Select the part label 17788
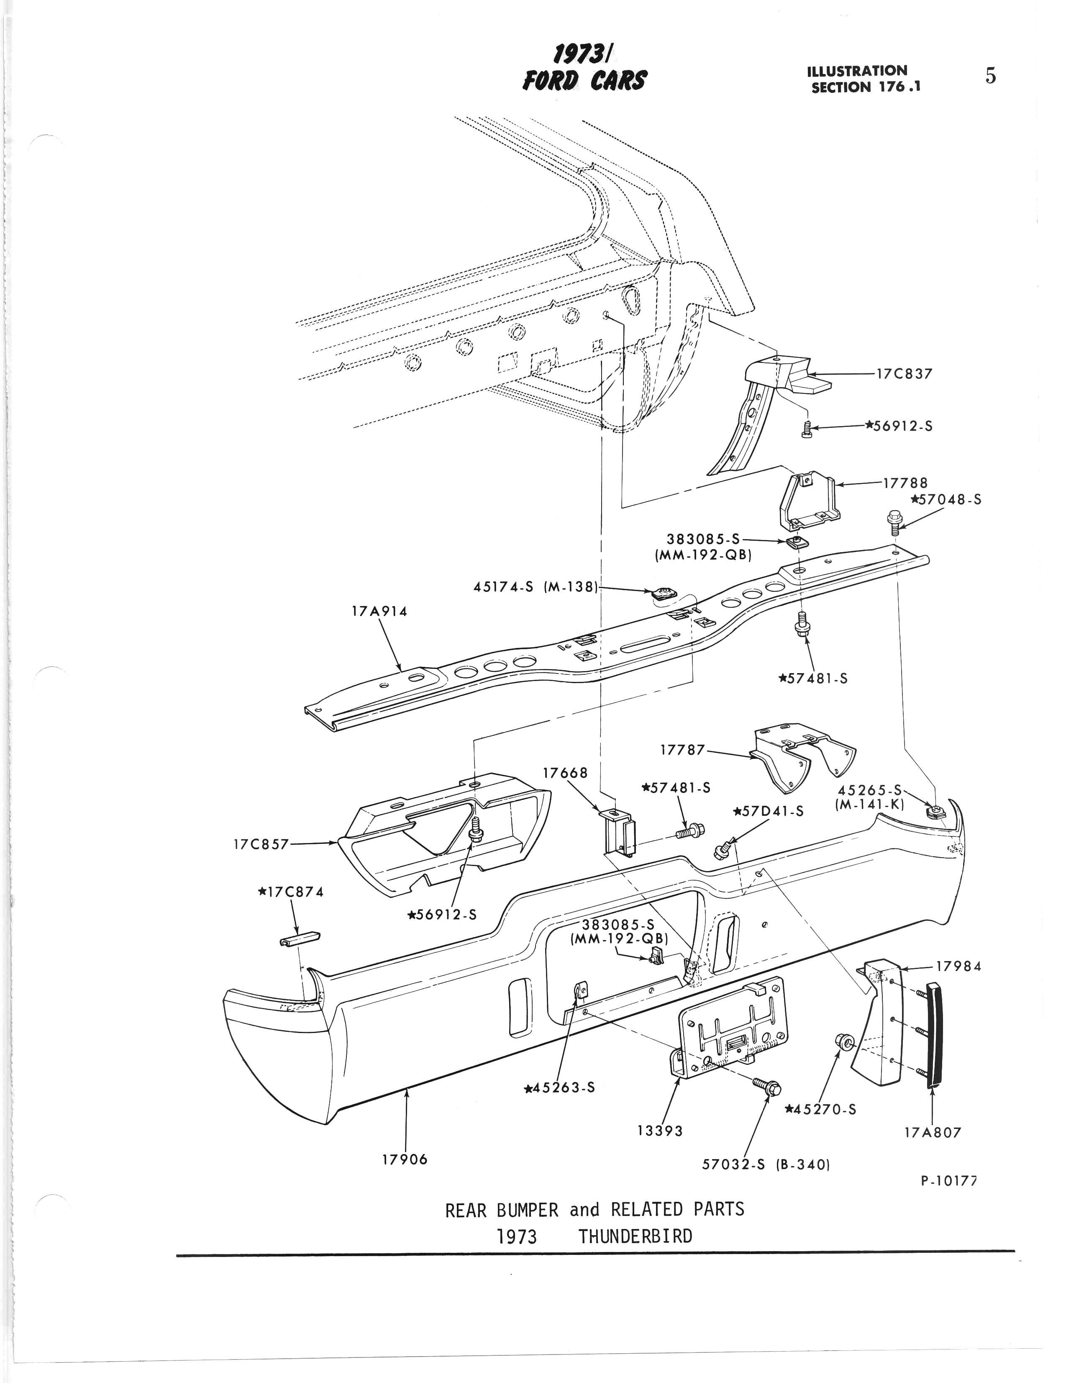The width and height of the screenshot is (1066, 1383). tap(905, 483)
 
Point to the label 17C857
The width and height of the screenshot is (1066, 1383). tap(261, 844)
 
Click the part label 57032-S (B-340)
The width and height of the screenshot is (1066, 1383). tap(766, 1164)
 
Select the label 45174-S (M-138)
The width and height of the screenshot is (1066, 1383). tap(536, 587)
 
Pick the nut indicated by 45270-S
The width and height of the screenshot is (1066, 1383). tap(844, 1040)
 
